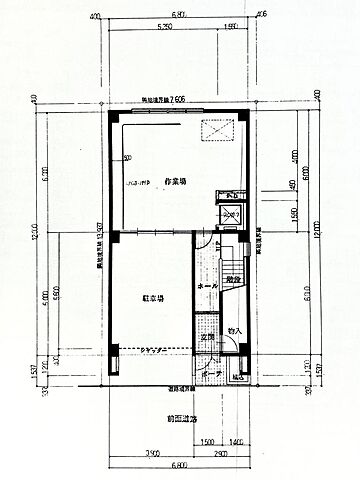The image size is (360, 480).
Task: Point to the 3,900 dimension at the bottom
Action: tap(152, 454)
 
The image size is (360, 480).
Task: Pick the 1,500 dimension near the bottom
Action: tap(207, 441)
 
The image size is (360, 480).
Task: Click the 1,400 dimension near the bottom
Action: tap(237, 441)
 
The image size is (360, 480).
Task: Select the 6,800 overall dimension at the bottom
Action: tap(178, 467)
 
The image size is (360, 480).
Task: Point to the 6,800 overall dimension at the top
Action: tap(179, 15)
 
